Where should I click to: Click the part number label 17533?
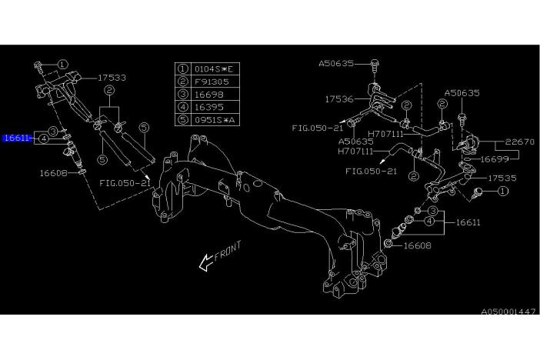112,78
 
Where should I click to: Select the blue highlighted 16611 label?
17,138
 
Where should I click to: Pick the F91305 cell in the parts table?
212,80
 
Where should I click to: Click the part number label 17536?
339,98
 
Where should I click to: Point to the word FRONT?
228,251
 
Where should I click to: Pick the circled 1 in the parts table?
183,69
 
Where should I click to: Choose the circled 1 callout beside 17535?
502,191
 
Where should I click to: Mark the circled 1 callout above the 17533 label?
63,65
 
